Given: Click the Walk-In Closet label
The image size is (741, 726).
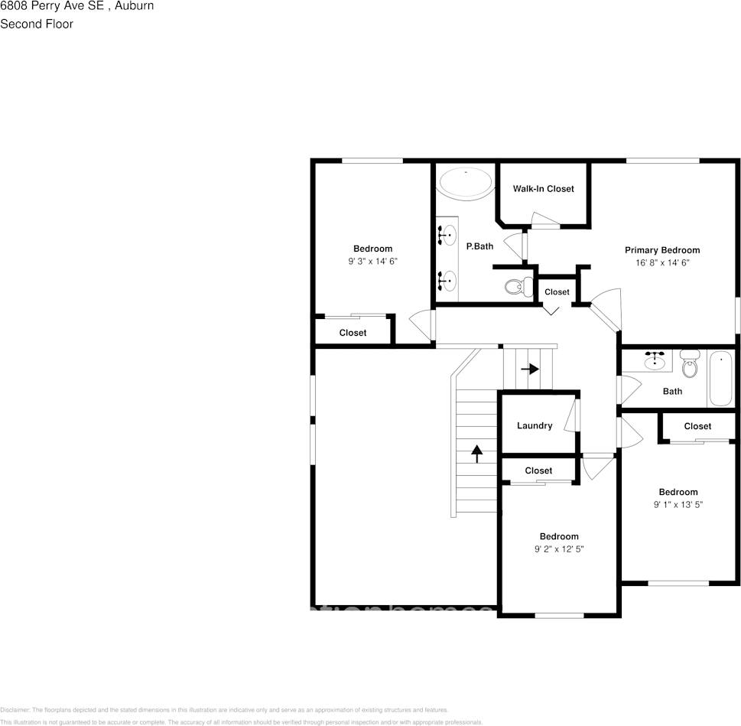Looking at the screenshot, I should click(543, 189).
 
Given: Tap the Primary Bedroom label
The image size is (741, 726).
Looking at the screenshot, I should click(661, 250).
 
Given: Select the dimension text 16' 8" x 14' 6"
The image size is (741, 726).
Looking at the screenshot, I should click(661, 262).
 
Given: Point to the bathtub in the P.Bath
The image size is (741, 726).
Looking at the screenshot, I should click(466, 183).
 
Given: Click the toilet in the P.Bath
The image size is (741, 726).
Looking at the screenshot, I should click(519, 288).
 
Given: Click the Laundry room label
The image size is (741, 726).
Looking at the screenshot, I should click(534, 426).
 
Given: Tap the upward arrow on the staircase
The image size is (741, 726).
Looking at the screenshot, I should click(477, 454).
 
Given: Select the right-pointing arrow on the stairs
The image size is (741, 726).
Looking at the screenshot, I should click(530, 369).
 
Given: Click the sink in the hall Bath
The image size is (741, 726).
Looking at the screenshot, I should click(655, 361).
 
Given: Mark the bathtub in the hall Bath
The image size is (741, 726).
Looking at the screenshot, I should click(720, 378).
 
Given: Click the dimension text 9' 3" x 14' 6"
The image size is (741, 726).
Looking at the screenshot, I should click(372, 262).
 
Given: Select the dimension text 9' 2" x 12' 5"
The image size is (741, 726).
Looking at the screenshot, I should click(558, 549).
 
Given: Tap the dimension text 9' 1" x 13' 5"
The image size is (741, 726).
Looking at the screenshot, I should click(678, 505).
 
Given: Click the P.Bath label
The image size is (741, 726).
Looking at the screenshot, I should click(479, 246).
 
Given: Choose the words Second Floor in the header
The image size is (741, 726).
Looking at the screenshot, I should click(37, 24).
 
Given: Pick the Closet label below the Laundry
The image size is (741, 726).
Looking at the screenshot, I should click(538, 471).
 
